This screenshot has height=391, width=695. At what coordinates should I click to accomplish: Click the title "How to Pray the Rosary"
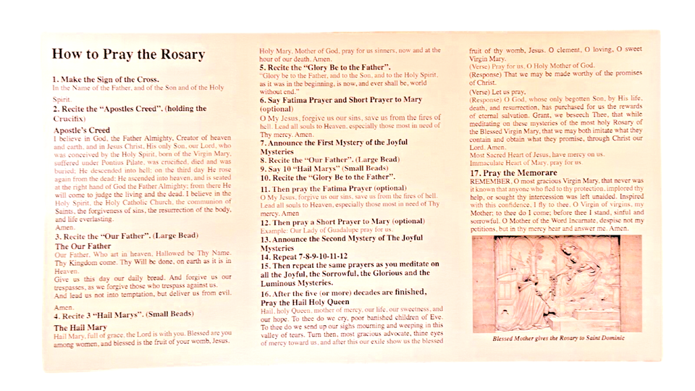[x=128, y=54]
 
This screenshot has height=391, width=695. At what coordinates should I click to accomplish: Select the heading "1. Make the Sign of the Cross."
[x=106, y=79]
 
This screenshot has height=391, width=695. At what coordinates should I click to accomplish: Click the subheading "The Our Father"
[x=83, y=246]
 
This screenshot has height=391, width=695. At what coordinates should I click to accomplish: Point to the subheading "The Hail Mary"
[x=80, y=327]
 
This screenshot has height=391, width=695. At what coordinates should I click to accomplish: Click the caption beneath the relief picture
[x=555, y=338]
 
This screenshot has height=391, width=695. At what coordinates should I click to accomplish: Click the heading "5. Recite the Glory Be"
[x=325, y=67]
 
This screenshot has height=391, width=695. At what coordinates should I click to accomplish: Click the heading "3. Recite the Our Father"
[x=119, y=236]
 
